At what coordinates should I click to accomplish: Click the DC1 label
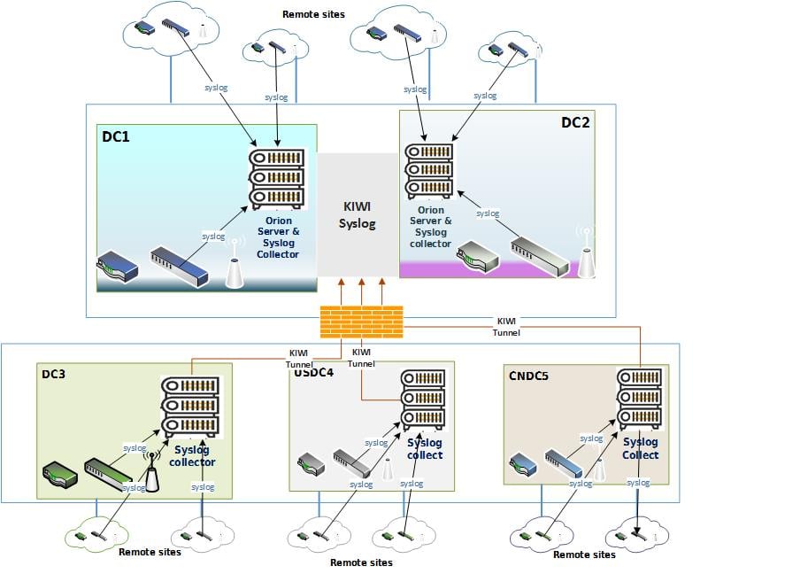tap(116, 138)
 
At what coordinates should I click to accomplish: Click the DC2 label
tap(575, 122)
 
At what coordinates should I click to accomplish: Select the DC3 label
tap(55, 374)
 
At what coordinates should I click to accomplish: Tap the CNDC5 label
tap(528, 376)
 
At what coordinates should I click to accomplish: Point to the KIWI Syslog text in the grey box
tap(358, 214)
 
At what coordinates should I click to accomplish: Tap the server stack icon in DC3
tap(189, 407)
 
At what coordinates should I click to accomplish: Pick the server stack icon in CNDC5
tap(640, 399)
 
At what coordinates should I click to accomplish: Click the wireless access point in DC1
tap(235, 265)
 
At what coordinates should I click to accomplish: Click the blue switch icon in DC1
tap(179, 266)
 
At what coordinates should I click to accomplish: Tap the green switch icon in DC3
tap(110, 476)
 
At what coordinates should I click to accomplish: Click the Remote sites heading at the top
tap(313, 14)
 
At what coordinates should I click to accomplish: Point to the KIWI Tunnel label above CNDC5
tap(506, 326)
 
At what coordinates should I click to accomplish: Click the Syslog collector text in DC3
tap(193, 456)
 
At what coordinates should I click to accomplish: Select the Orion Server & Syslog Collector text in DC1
tap(278, 237)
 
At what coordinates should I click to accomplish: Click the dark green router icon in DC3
tap(59, 477)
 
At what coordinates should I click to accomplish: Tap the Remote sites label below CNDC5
tap(584, 555)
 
